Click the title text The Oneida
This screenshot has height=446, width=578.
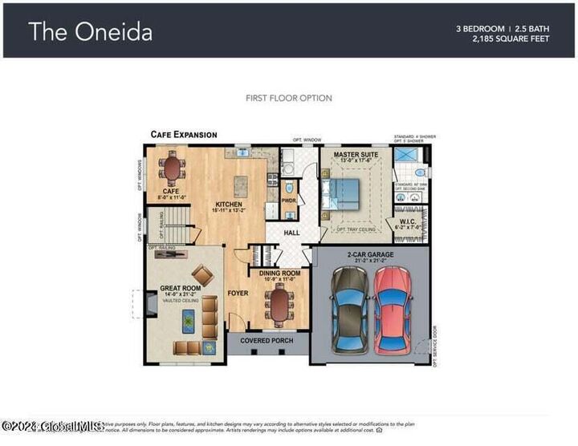[x=90, y=31]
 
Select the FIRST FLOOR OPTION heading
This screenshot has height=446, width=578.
[x=288, y=98]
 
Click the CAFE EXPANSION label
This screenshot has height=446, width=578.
[x=184, y=135]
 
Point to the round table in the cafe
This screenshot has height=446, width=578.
[x=171, y=169]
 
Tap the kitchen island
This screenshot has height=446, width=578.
[x=240, y=185]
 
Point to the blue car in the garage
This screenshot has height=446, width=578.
[x=350, y=309]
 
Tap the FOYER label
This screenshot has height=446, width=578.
[x=238, y=293]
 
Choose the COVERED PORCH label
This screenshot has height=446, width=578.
[x=267, y=340]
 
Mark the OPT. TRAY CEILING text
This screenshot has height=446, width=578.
[x=356, y=229]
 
